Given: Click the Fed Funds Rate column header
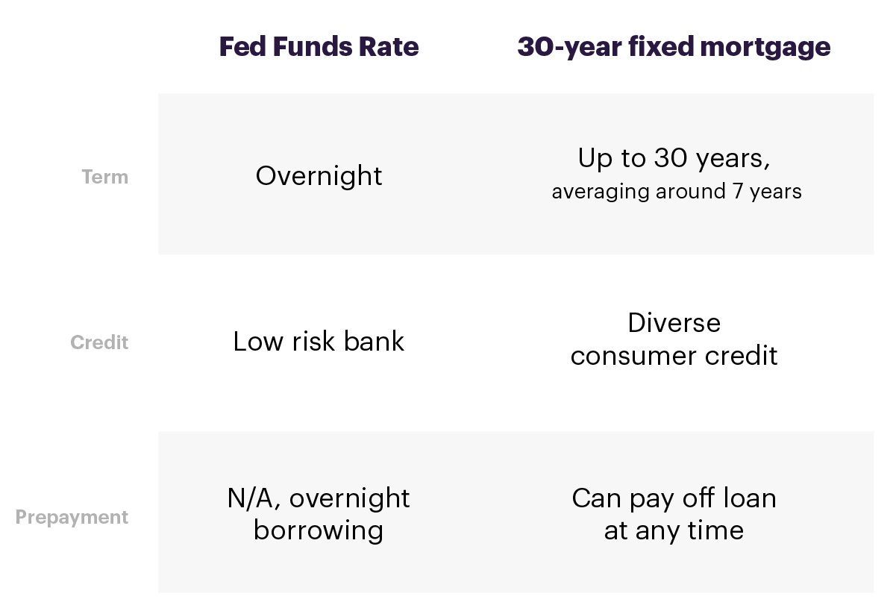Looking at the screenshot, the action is click(319, 46).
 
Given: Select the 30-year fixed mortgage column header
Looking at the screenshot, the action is click(674, 48).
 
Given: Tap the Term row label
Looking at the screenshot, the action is click(105, 177).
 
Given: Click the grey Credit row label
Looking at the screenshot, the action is click(99, 342).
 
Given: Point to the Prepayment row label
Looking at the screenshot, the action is click(72, 518).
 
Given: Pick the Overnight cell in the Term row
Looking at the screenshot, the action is click(319, 176).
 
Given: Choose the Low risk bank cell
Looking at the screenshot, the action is click(319, 342).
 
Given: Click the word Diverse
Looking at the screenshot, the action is click(674, 323).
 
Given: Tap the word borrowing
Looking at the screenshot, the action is click(319, 532).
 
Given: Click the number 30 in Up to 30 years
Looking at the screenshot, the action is click(671, 157).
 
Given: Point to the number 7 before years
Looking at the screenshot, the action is click(739, 191).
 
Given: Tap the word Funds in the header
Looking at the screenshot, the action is click(312, 46).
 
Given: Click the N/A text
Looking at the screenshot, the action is click(254, 498).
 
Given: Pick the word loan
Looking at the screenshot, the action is click(750, 498).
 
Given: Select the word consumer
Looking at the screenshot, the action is click(634, 356).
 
